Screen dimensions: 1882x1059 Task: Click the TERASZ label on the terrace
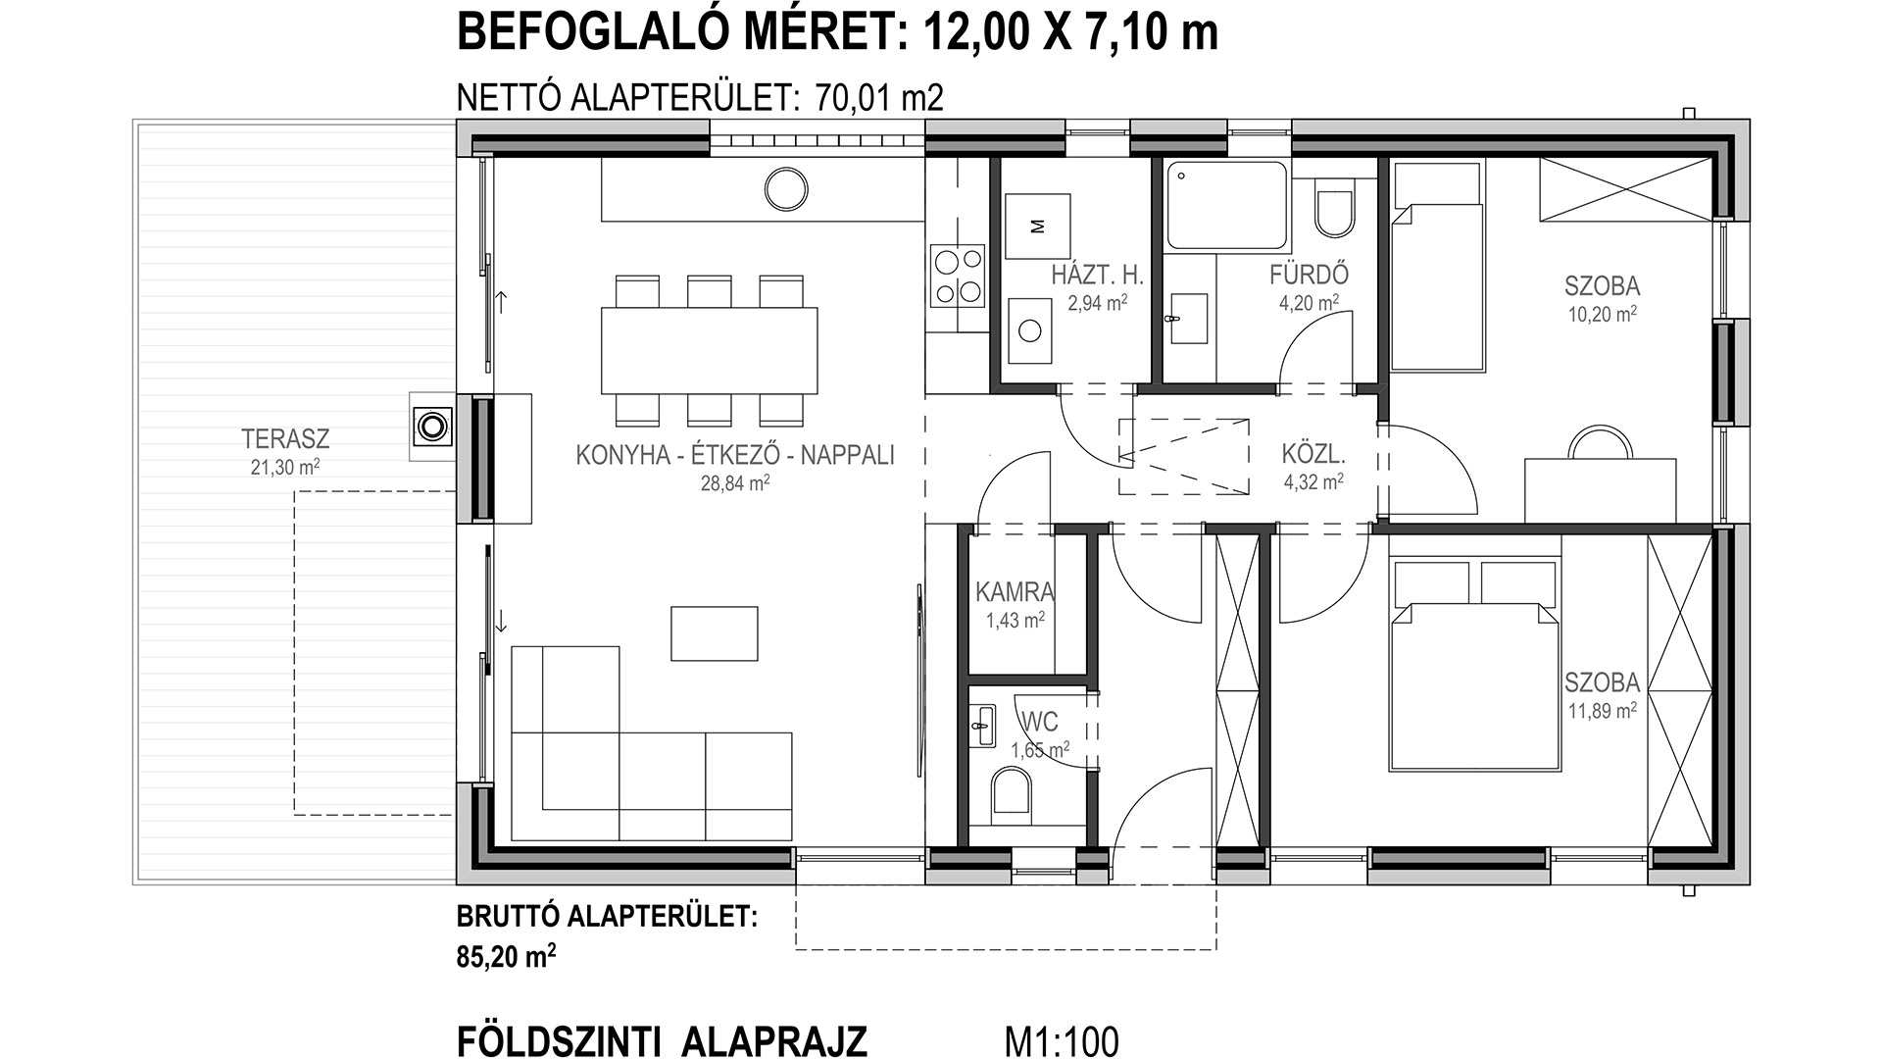pyautogui.click(x=285, y=438)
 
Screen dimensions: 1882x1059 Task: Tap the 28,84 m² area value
pyautogui.click(x=735, y=481)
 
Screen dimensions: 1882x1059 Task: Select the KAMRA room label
pyautogui.click(x=1015, y=592)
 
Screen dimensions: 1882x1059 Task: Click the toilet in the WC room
pyautogui.click(x=1012, y=793)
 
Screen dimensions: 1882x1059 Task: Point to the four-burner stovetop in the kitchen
pyautogui.click(x=958, y=276)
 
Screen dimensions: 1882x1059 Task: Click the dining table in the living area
pyautogui.click(x=709, y=350)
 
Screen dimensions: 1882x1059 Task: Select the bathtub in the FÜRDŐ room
pyautogui.click(x=1226, y=205)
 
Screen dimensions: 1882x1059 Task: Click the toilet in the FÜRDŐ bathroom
pyautogui.click(x=1334, y=208)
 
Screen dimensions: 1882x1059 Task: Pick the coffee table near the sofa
pyautogui.click(x=715, y=633)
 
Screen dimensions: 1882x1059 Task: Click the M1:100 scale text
pyautogui.click(x=1062, y=1041)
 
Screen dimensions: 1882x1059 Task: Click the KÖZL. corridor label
pyautogui.click(x=1313, y=455)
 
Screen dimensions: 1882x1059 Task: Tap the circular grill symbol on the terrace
pyautogui.click(x=431, y=426)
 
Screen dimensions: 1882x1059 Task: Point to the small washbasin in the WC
pyautogui.click(x=982, y=727)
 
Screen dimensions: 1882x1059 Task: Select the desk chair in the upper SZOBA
pyautogui.click(x=1600, y=444)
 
